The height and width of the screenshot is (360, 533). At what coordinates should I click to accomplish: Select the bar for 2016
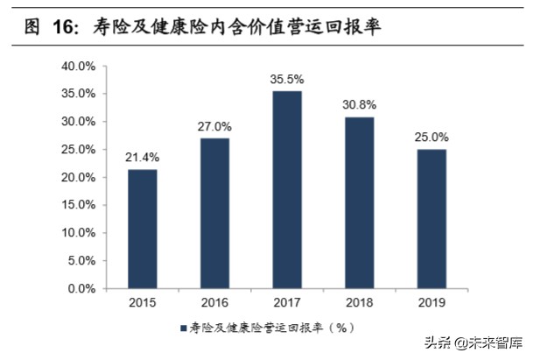(x=215, y=213)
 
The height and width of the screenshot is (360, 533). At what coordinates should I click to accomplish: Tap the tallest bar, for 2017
(x=287, y=189)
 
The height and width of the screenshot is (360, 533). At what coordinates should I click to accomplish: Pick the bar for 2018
(x=359, y=202)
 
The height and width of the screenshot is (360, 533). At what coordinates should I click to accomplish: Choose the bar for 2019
(x=431, y=218)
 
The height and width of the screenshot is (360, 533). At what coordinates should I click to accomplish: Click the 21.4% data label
(x=144, y=159)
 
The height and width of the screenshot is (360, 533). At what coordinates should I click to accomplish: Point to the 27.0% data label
(x=215, y=128)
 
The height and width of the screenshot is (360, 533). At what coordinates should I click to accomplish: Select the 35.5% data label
(x=287, y=80)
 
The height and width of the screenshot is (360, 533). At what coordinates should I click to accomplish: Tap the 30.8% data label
(x=359, y=106)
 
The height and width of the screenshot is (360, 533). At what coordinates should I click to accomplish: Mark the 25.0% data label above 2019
(x=431, y=138)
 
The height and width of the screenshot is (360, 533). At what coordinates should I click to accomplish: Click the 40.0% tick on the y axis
(x=78, y=66)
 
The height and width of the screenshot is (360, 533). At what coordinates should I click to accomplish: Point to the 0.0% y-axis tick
(x=81, y=288)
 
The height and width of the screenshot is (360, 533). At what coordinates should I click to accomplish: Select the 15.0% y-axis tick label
(x=78, y=205)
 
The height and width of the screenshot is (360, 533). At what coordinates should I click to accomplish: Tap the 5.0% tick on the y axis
(x=81, y=261)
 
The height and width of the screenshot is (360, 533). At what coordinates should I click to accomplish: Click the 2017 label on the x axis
(x=287, y=302)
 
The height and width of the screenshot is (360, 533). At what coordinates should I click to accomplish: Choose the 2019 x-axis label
(x=431, y=302)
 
